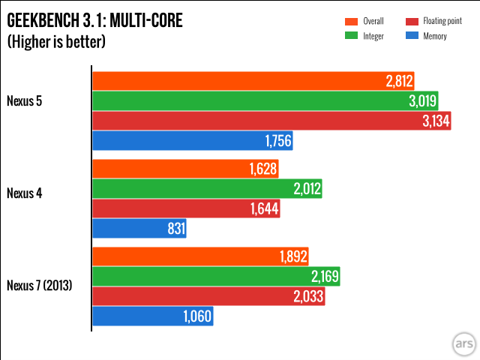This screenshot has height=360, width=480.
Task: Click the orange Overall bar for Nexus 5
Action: click(240, 82)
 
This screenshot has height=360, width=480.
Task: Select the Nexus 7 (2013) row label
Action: click(39, 284)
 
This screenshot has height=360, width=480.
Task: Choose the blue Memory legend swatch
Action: click(410, 36)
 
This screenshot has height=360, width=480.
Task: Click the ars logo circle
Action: click(461, 343)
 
